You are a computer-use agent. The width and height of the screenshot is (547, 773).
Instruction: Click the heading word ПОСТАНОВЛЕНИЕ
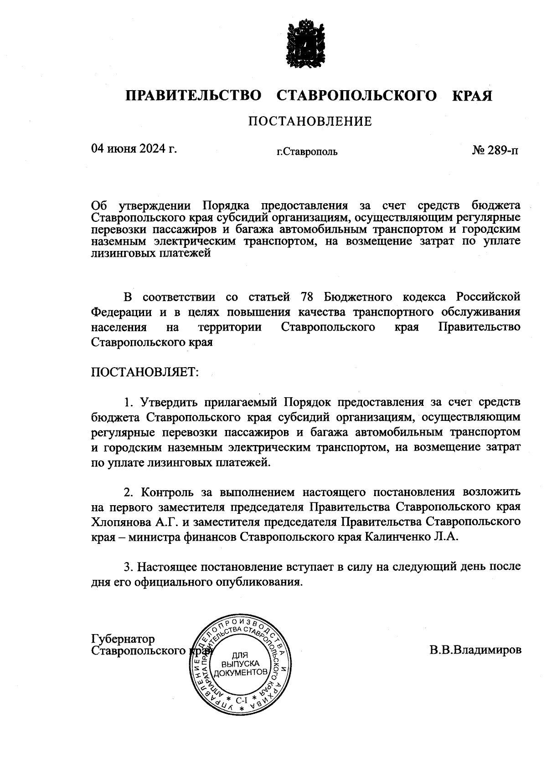pos(310,122)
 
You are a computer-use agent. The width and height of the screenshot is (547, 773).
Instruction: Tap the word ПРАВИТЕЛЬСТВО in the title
pos(194,96)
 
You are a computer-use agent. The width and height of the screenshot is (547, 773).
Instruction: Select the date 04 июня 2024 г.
pos(134,148)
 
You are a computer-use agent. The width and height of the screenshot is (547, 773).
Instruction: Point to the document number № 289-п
pos(495,150)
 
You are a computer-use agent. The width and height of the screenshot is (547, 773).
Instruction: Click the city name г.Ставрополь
pos(307,152)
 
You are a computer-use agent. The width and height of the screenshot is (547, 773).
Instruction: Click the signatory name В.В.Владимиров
pos(475,650)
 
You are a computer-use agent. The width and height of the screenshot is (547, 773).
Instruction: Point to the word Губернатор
pos(123,639)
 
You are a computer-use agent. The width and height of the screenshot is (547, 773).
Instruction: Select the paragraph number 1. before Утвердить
pos(129,402)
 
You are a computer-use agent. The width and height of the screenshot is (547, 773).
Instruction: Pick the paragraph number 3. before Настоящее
pos(129,567)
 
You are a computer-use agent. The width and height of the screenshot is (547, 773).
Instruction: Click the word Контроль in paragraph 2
pos(167,492)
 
